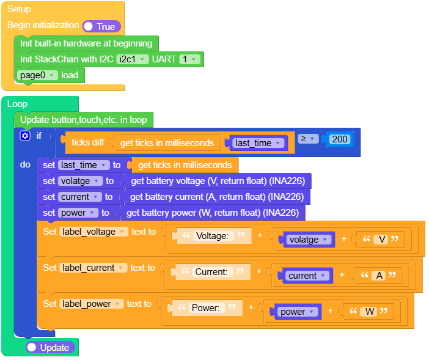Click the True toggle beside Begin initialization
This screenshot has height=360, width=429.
(x=101, y=26)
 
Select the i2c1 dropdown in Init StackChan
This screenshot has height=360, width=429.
(x=132, y=59)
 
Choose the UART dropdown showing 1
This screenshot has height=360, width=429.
(x=189, y=59)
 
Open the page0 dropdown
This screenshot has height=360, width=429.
(x=37, y=75)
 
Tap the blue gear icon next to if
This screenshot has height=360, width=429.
(x=25, y=136)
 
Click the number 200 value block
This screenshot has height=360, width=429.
(x=340, y=139)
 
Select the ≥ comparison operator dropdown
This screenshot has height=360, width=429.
(x=308, y=139)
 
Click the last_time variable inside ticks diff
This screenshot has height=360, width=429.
(x=258, y=143)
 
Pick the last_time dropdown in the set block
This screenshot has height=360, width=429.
(x=84, y=165)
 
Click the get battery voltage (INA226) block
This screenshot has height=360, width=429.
(x=218, y=181)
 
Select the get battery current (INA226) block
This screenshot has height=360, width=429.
(x=217, y=197)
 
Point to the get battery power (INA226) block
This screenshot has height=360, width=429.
(x=213, y=213)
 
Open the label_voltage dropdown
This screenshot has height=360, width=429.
(x=94, y=232)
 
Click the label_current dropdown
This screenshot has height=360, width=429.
(x=93, y=268)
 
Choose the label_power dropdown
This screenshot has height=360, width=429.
(x=92, y=304)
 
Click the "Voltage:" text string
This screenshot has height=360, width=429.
(x=213, y=236)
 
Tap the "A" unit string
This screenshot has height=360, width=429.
(x=379, y=275)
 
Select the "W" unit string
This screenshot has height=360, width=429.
(x=369, y=311)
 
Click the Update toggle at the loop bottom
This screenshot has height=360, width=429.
(x=50, y=347)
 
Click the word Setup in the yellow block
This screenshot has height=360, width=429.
(x=19, y=9)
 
